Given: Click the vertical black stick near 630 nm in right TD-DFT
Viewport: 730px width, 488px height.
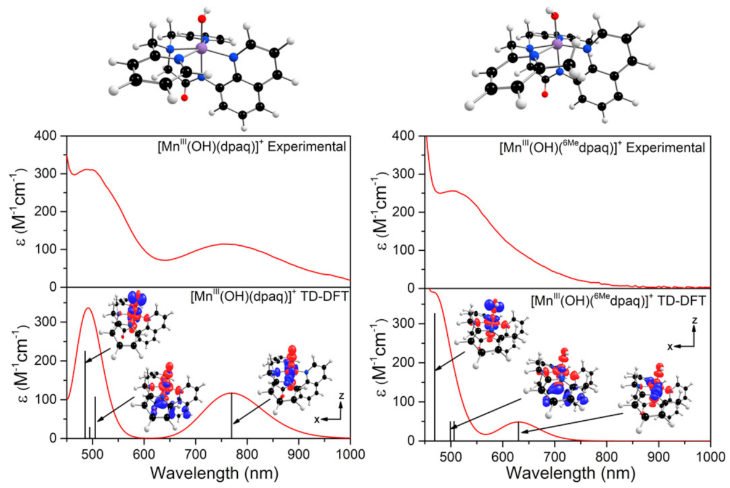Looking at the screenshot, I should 518,431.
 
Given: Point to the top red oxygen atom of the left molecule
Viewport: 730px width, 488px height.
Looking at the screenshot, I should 201,19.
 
